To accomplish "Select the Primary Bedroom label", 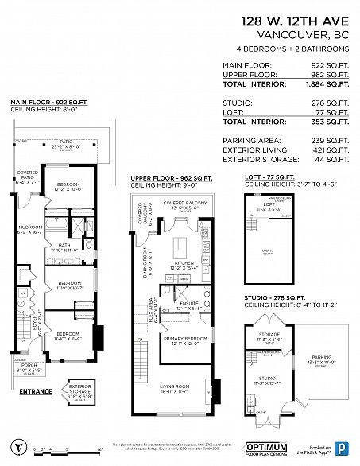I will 185,340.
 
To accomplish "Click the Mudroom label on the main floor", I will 31,229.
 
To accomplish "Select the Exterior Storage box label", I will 82,389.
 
